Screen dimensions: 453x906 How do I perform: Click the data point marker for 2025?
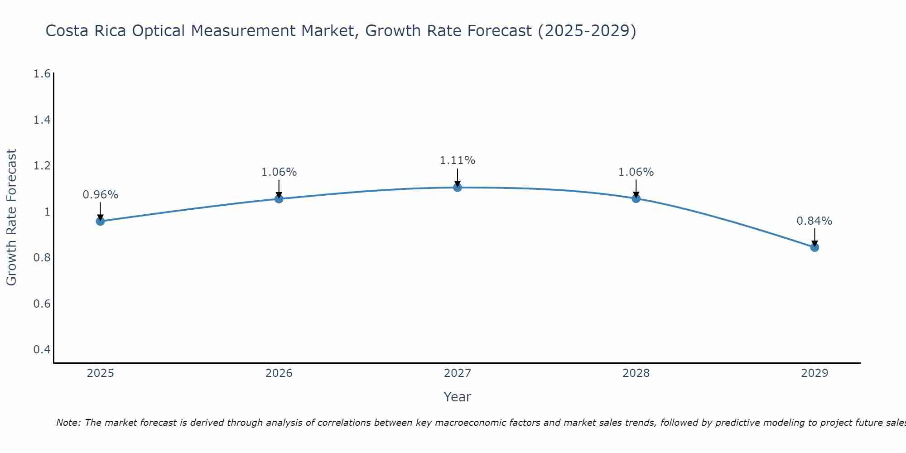(x=100, y=221)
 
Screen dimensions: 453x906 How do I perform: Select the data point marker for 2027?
(x=458, y=187)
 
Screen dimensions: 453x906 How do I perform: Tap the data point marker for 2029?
(x=814, y=247)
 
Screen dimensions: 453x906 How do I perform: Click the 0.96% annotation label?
(x=100, y=195)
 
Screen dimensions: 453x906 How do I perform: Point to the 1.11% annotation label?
(x=458, y=160)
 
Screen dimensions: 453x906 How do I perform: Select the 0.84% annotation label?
(x=814, y=221)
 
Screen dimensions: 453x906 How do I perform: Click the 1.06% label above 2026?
(x=279, y=172)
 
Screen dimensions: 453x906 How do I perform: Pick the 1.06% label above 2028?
(x=636, y=172)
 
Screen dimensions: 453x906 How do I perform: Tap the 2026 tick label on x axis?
(x=279, y=373)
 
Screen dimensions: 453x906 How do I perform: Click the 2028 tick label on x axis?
(x=636, y=373)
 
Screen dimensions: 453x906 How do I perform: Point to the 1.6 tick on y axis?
(x=42, y=73)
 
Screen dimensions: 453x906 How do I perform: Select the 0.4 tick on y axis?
(x=42, y=349)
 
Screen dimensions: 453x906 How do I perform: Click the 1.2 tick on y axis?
(x=42, y=166)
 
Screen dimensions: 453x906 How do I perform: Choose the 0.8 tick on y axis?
(x=42, y=258)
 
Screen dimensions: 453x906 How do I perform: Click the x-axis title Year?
(x=458, y=397)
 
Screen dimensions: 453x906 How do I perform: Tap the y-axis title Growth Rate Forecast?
(x=11, y=217)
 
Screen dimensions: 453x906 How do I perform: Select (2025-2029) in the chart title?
(x=587, y=31)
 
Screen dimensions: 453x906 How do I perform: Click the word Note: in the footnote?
(x=68, y=423)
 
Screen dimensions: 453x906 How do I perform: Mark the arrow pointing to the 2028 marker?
(x=636, y=188)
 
